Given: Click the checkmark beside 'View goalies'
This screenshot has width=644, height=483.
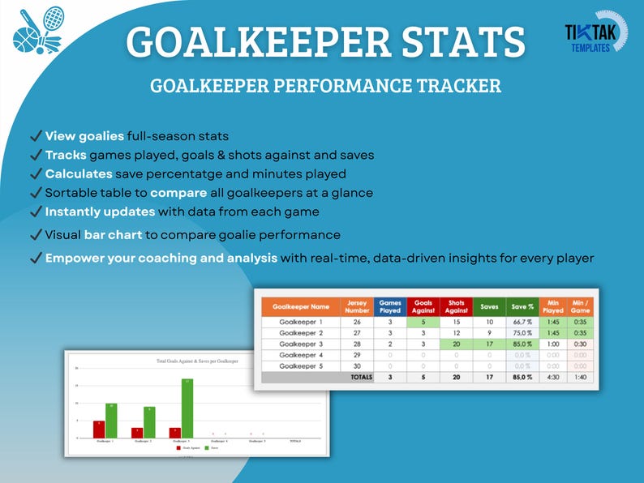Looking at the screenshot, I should coord(35,136).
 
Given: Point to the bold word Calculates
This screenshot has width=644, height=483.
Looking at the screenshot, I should coord(79,173).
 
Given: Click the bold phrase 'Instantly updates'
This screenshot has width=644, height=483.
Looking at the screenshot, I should coord(100,211).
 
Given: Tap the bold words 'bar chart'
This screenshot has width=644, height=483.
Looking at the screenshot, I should coord(113,235).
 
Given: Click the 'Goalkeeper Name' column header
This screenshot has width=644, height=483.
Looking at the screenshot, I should coord(301,307).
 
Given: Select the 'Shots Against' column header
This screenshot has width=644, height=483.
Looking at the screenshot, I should coord(456,307).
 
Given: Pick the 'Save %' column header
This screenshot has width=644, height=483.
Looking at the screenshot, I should coord(522,307).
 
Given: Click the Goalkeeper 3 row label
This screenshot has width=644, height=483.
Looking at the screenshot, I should coord(301,344).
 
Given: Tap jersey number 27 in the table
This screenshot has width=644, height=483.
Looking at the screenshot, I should coord(357,333).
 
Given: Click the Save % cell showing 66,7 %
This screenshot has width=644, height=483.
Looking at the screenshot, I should coord(522,322).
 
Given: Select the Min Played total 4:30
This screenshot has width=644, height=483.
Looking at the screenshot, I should coord(552,377).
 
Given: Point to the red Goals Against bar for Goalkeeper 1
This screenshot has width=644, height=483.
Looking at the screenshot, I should coord(99,429).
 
